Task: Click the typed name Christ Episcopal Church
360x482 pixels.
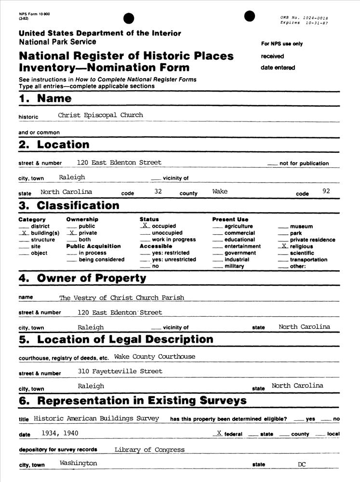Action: point(100,115)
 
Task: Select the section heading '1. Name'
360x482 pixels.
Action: point(45,99)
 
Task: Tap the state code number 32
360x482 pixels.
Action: point(158,191)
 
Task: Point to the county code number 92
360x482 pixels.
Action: point(326,191)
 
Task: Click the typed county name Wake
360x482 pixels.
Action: point(220,191)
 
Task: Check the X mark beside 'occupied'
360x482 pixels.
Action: point(144,225)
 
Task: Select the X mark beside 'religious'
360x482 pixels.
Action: point(284,246)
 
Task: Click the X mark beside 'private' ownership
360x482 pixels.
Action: point(71,232)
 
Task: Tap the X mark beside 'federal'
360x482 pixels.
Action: point(219,433)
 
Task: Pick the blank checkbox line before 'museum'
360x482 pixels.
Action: point(283,227)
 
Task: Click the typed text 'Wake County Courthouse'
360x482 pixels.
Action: point(155,357)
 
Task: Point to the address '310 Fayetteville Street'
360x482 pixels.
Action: point(120,371)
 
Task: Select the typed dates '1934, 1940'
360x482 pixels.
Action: point(60,433)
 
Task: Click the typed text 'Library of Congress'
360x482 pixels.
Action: point(149,450)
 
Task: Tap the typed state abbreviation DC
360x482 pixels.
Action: point(302,465)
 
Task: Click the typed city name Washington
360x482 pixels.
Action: point(78,463)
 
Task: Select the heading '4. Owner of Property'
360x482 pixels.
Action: point(82,279)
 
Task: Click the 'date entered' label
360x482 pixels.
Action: point(278,67)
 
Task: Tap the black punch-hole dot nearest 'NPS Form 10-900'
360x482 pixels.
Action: point(129,18)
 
